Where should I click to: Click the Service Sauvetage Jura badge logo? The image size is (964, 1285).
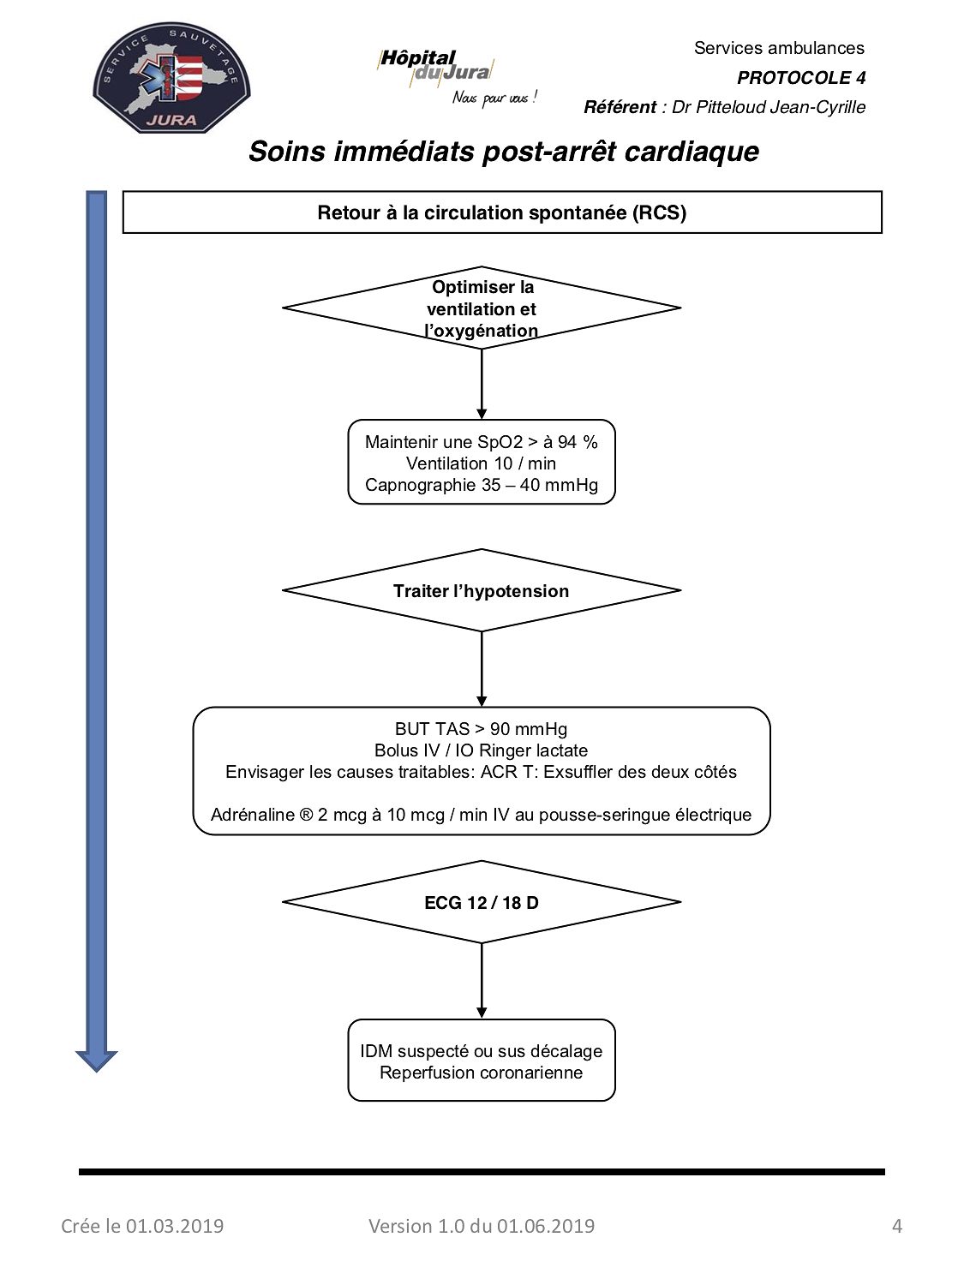(171, 78)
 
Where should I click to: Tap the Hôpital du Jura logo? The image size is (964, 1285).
(457, 77)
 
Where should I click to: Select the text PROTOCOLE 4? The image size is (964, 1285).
(800, 78)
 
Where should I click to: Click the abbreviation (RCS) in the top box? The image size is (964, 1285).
(659, 212)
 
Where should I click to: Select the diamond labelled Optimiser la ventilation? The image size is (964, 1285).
(481, 308)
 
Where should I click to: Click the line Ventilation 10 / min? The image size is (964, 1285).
(481, 463)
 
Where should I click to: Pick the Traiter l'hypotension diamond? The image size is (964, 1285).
(481, 591)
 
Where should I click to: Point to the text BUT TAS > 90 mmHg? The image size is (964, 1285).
(481, 729)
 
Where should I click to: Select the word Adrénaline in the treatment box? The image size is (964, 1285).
(252, 815)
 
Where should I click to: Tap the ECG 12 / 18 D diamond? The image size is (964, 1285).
(481, 902)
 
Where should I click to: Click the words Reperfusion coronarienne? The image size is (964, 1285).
(481, 1073)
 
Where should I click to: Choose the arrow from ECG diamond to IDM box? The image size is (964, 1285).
(482, 981)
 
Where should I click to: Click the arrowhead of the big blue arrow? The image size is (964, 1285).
(97, 1061)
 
